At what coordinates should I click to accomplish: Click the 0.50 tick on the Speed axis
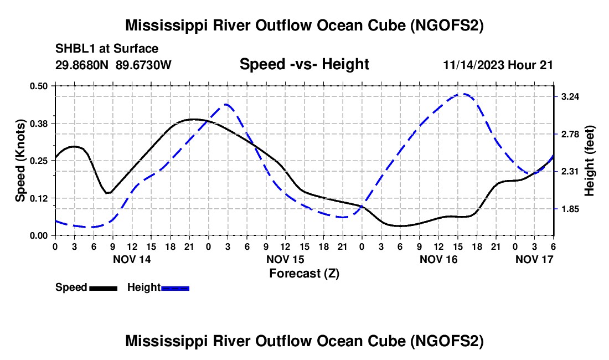click(40, 86)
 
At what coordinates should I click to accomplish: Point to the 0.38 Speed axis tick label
click(40, 123)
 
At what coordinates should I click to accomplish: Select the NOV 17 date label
click(534, 259)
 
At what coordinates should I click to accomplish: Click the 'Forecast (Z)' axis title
click(304, 273)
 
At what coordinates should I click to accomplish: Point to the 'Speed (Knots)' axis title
click(20, 161)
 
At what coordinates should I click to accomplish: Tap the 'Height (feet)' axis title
click(589, 161)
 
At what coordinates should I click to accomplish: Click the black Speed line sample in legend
click(103, 287)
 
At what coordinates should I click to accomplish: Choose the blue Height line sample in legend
click(176, 287)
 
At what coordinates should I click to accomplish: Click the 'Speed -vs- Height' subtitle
click(304, 64)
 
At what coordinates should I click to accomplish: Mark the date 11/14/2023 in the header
click(473, 65)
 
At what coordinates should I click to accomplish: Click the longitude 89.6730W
click(144, 65)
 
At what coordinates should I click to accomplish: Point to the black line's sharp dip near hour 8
click(108, 193)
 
